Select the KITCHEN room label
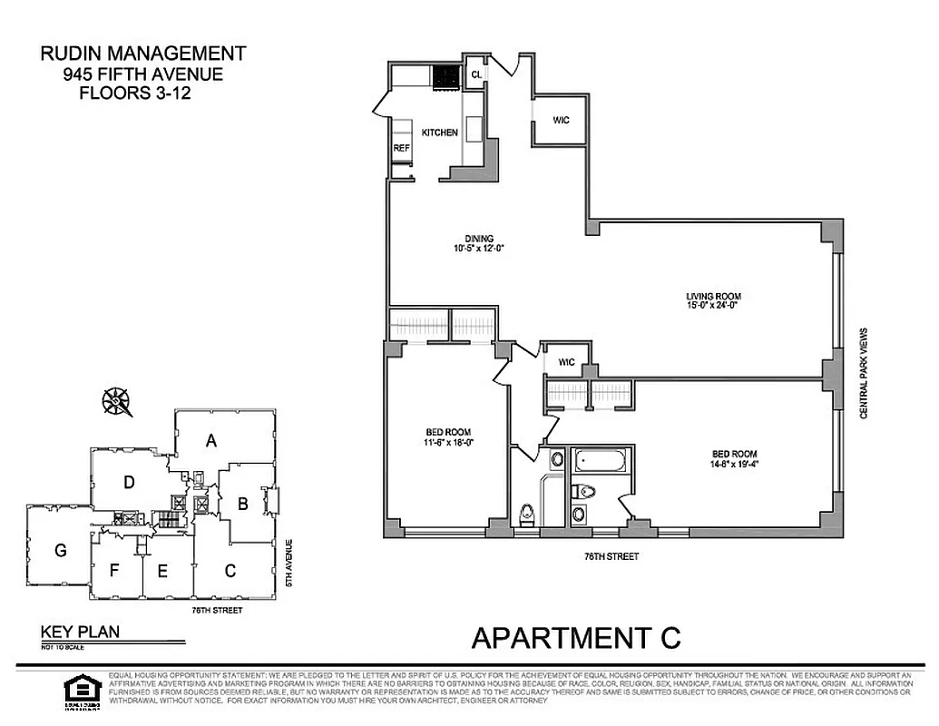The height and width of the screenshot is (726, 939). pos(439,132)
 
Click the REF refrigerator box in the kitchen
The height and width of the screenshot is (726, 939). pos(401,147)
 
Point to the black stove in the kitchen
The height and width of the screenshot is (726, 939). pos(446,79)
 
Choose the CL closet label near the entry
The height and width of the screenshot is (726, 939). pos(475,75)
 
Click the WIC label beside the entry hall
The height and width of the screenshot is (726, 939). pos(561,120)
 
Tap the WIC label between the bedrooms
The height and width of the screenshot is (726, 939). pos(567,361)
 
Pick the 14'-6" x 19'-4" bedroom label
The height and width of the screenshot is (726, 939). pos(734,459)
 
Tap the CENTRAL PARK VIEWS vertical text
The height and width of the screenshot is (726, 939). pos(865,372)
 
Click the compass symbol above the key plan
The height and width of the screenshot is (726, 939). pos(116,399)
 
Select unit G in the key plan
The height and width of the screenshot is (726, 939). pos(61,549)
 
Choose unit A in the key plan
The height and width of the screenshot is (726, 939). pos(211,441)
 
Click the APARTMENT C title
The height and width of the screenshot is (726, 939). pos(576,637)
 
